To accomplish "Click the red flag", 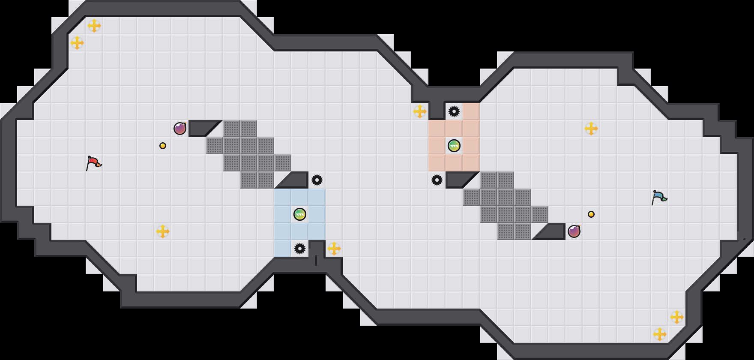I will tap(93, 163).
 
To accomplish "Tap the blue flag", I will tap(659, 197).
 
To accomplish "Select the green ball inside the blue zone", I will tap(300, 214).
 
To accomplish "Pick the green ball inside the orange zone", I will tap(454, 146).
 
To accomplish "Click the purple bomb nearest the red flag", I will tap(180, 129).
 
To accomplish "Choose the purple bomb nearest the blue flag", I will tap(574, 231).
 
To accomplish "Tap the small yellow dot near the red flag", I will tap(163, 146).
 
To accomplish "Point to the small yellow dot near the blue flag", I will tap(591, 214).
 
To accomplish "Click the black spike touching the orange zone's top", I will tap(454, 111).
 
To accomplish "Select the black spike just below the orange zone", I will tap(437, 180).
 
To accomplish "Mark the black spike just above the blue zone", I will tap(317, 180).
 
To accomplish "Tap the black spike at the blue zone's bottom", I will tap(300, 249).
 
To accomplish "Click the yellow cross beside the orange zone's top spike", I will tap(420, 111).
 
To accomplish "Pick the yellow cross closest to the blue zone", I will tap(334, 249).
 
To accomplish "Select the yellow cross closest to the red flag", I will tap(163, 231).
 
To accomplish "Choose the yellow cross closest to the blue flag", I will tap(591, 129).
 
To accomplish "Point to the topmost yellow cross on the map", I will tap(94, 26).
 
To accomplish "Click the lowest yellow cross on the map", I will tap(660, 334).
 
